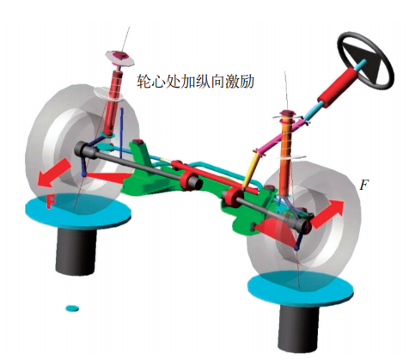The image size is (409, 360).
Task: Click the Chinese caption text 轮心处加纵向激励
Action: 196,81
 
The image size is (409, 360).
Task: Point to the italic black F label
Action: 364,186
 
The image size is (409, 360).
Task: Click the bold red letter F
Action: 51,201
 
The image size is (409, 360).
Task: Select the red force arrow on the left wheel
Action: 54,173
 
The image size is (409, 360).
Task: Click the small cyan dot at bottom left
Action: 72,308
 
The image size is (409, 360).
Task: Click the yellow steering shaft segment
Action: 249,170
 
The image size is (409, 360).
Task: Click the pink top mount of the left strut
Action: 119,58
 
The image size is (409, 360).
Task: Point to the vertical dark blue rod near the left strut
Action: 122,133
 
